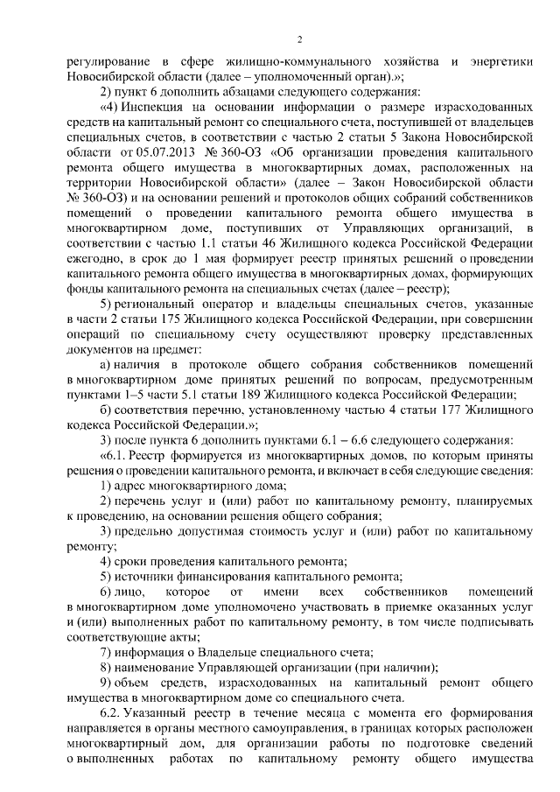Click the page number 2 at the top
click(x=299, y=39)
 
